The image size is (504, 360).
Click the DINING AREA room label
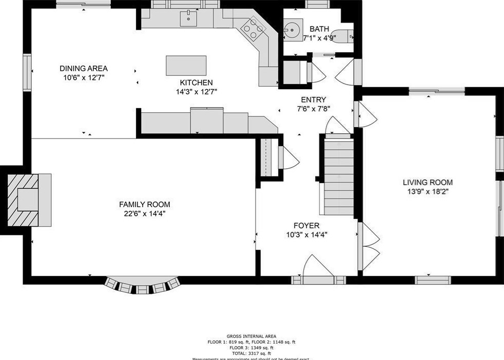coord(83,68)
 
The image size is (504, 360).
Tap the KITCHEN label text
coord(196,83)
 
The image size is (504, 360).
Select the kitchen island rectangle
coord(186,66)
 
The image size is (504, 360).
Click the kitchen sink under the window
coord(188,19)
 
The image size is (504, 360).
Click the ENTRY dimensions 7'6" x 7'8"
coord(313,109)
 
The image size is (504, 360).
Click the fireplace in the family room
coord(29,199)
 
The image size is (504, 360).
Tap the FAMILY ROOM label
coord(144,204)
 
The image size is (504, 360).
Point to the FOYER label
coord(306,226)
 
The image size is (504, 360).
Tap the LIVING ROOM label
coord(428,182)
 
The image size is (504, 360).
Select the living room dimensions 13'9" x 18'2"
coord(428,191)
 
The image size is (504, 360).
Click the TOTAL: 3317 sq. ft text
coord(251,353)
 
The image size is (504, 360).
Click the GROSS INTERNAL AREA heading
coord(251,336)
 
